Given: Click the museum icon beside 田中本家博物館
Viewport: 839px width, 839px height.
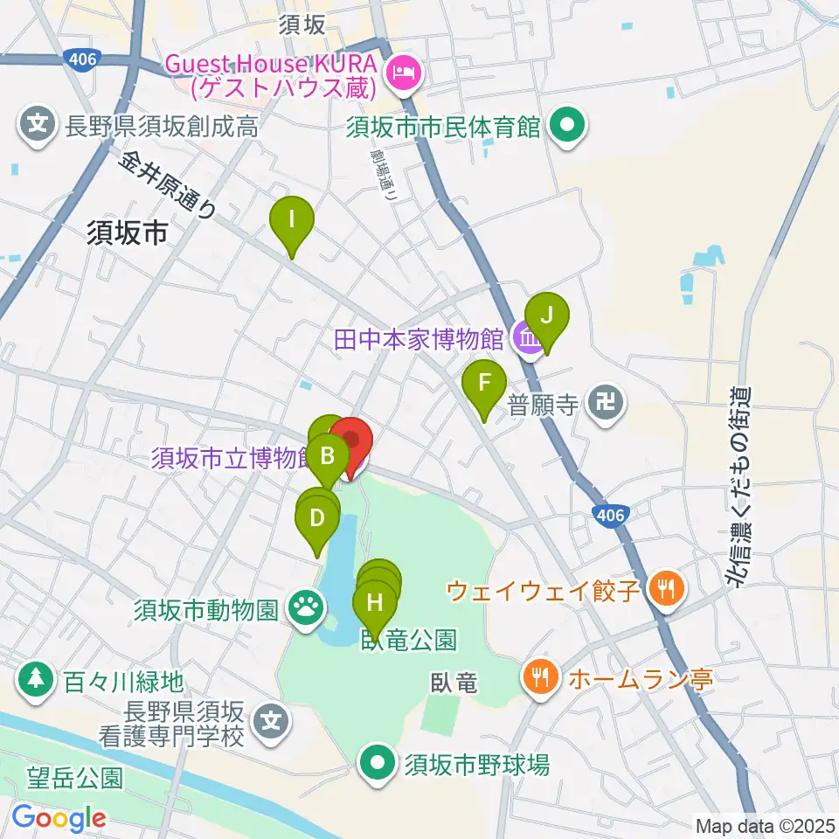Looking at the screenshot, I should click(527, 336).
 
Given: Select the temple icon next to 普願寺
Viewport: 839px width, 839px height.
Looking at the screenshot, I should click(607, 403).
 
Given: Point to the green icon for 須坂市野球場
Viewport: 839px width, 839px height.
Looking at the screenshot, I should click(378, 765).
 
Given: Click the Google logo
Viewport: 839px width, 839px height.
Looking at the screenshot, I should click(59, 817).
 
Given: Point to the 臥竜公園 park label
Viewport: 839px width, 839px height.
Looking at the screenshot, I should click(408, 641).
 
